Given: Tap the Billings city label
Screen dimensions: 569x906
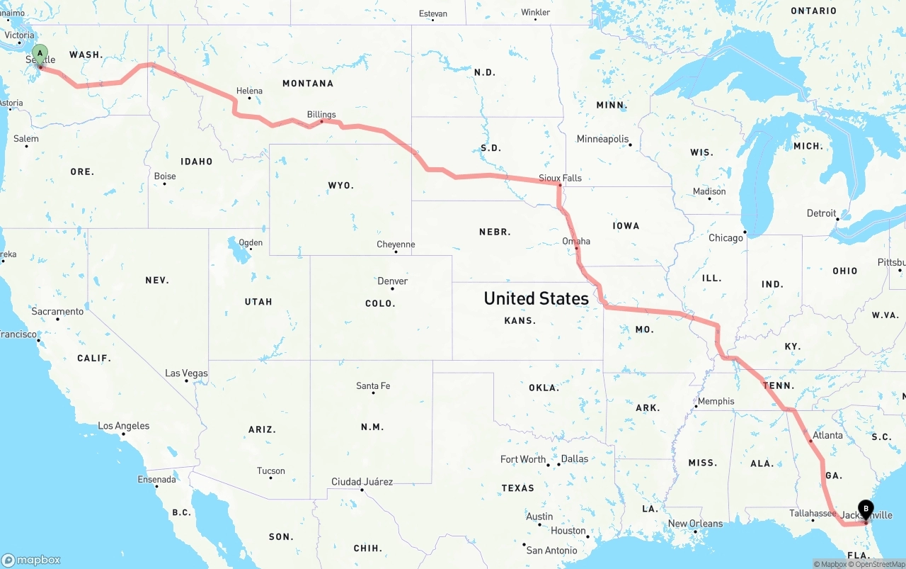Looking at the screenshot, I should (x=321, y=114).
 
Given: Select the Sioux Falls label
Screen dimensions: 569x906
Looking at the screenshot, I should (x=560, y=178).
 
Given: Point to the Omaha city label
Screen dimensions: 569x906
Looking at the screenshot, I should (x=576, y=241).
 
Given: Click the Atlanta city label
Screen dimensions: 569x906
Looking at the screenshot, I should (x=827, y=435).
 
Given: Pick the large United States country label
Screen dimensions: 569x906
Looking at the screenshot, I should (x=536, y=298).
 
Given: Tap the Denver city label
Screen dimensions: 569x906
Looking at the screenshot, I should (x=392, y=281).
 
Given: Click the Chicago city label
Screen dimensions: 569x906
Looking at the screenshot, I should (x=726, y=237).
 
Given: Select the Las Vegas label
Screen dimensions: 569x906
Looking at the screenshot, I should (x=186, y=373).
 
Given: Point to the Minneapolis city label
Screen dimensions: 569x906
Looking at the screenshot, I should (x=602, y=139).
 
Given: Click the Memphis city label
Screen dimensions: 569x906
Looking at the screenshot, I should (x=716, y=401).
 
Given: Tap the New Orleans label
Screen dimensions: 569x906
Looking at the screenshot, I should (x=695, y=524).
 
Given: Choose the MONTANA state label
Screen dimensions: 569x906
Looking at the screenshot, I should (x=308, y=84).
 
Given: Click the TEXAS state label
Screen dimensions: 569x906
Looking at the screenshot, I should (x=517, y=488).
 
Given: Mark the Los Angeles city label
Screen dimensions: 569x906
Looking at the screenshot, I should (x=123, y=426).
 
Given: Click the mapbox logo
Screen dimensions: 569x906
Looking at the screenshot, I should (x=31, y=560).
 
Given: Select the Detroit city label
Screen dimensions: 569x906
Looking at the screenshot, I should (x=821, y=213).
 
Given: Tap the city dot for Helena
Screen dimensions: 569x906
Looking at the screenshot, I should (x=249, y=98).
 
